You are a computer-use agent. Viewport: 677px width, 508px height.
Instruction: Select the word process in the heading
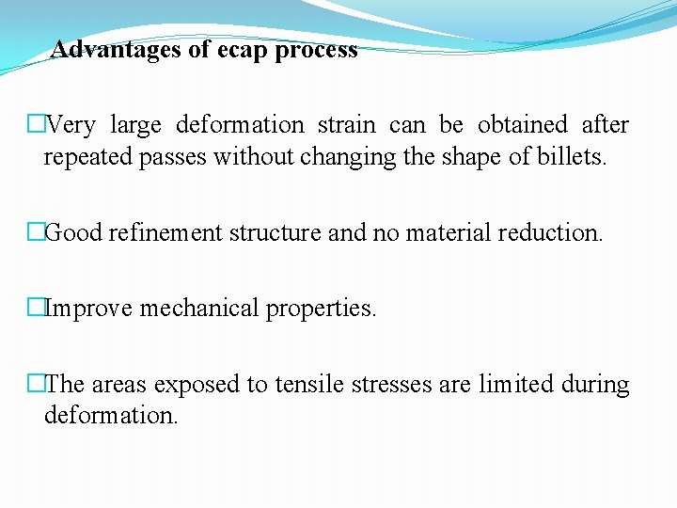click(x=316, y=50)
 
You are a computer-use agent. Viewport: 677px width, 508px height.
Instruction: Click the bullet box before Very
click(x=36, y=124)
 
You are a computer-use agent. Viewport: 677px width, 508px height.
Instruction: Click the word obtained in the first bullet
click(x=522, y=124)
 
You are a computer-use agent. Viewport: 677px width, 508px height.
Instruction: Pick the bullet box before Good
click(x=36, y=232)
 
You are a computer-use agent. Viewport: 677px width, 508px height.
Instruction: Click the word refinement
click(x=165, y=232)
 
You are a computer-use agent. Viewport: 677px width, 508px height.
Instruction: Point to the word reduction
click(x=550, y=232)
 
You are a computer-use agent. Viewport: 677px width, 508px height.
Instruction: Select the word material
click(x=448, y=232)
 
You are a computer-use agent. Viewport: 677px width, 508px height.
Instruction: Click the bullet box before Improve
click(x=36, y=309)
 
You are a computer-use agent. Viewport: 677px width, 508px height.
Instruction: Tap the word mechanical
click(x=200, y=309)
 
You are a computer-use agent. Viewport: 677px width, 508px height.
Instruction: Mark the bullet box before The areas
click(x=36, y=385)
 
